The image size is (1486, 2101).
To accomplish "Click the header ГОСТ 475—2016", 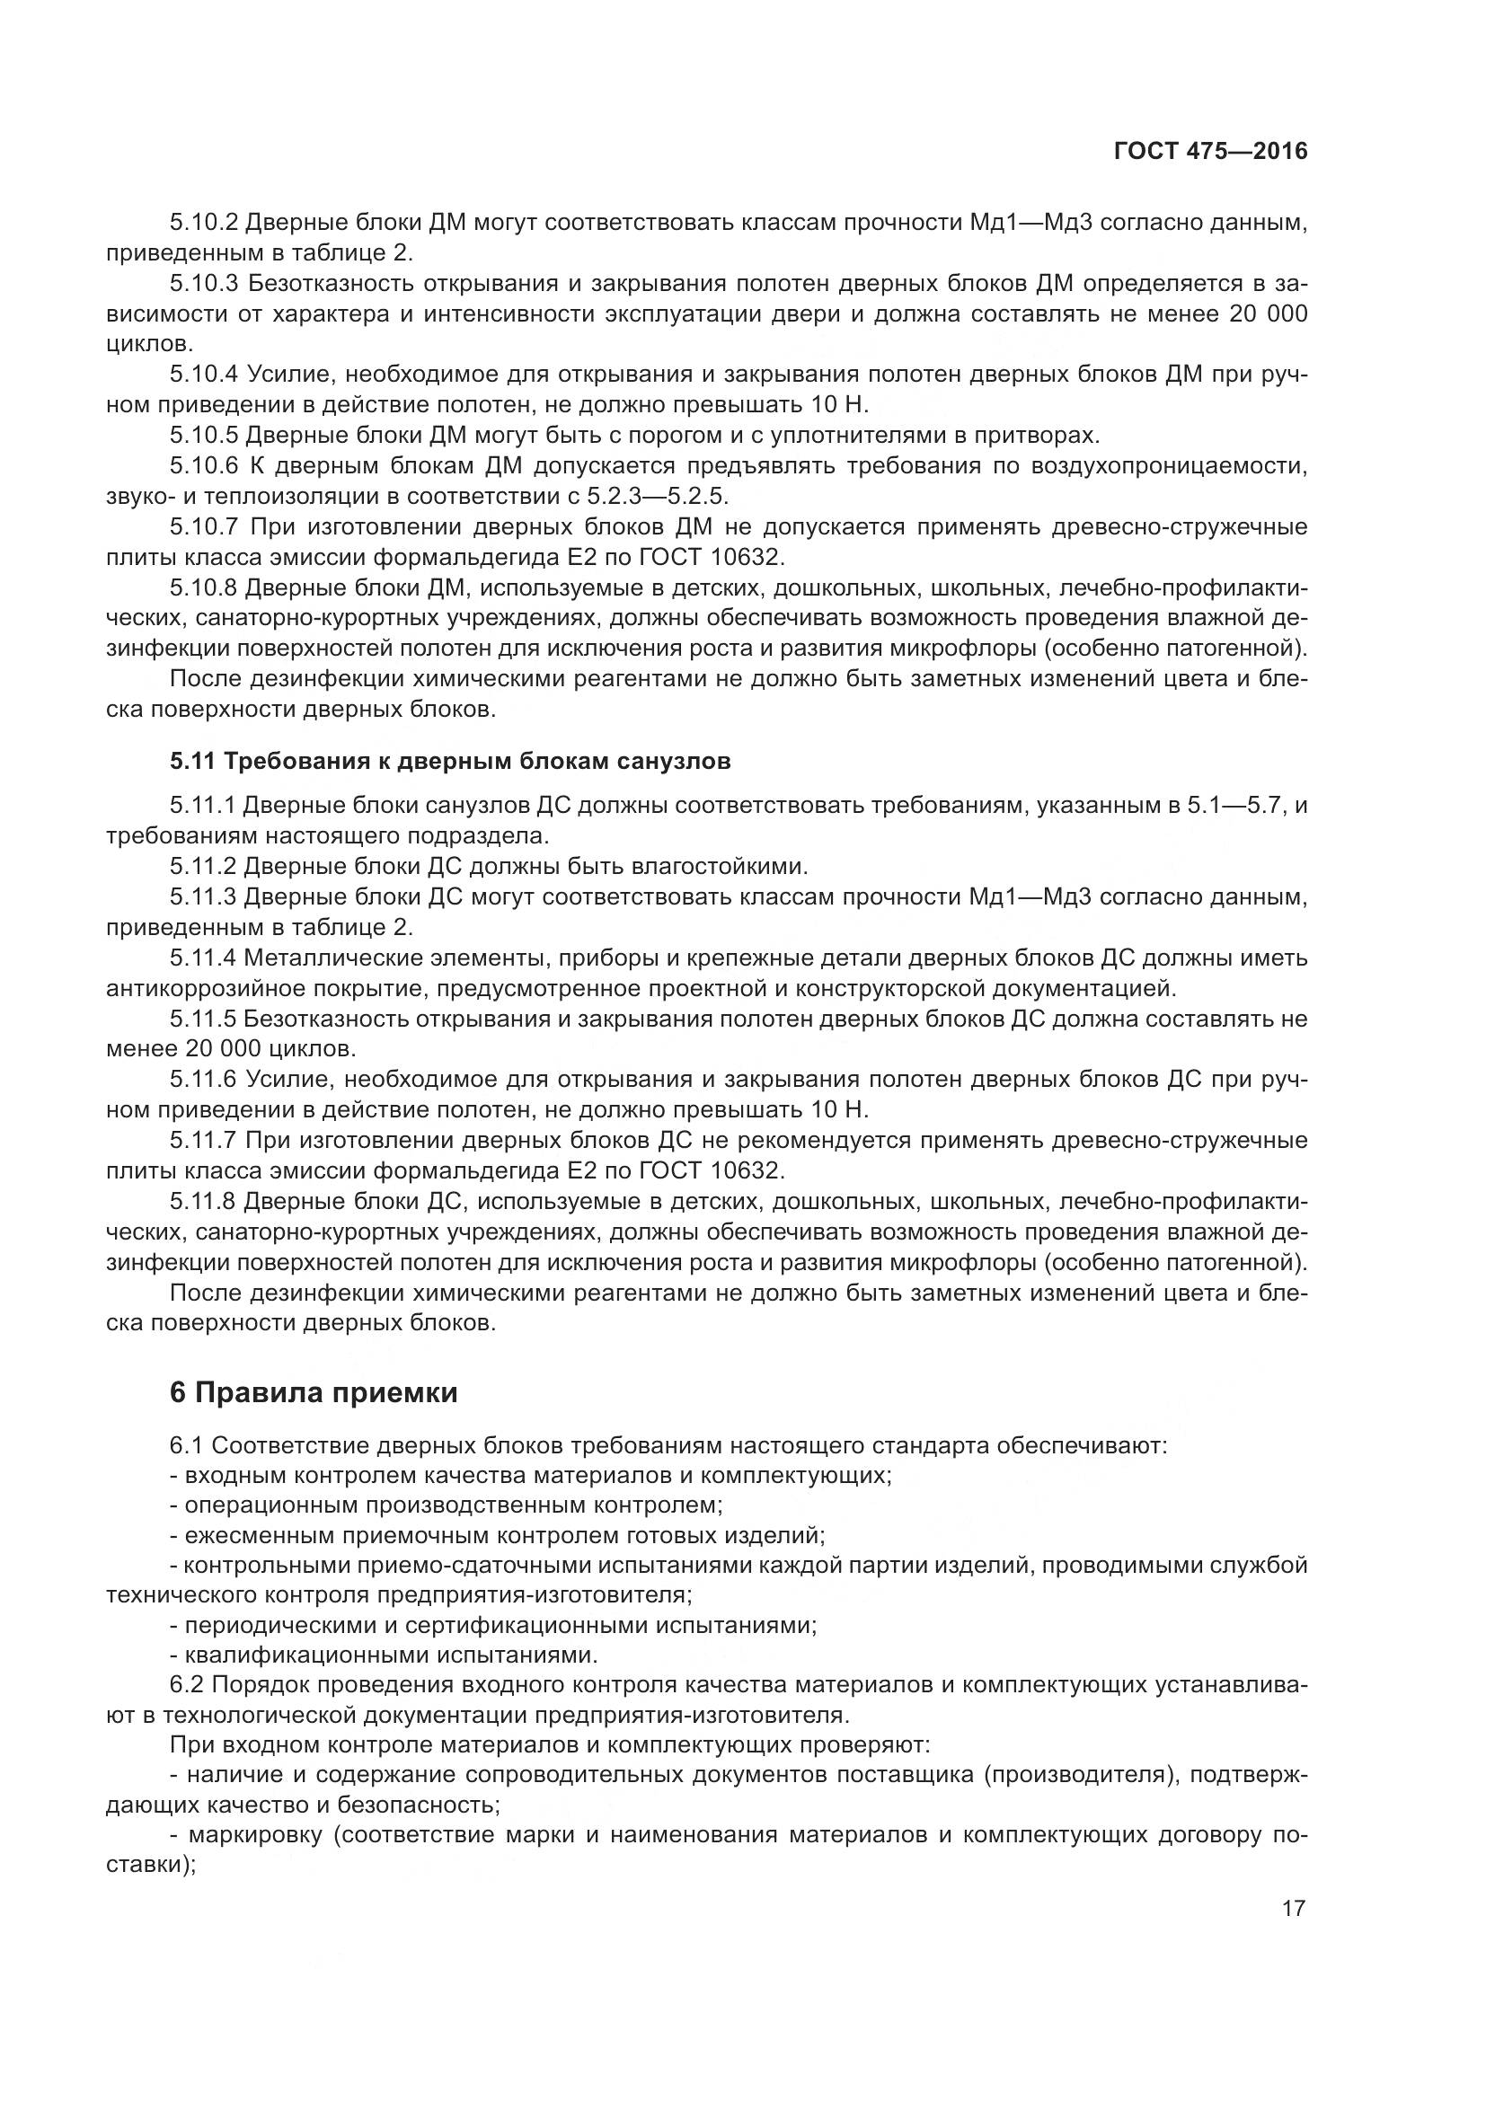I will click(1210, 152).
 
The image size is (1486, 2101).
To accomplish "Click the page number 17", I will click(1293, 1909).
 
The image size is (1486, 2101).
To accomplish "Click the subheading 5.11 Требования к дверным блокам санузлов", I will click(449, 762).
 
